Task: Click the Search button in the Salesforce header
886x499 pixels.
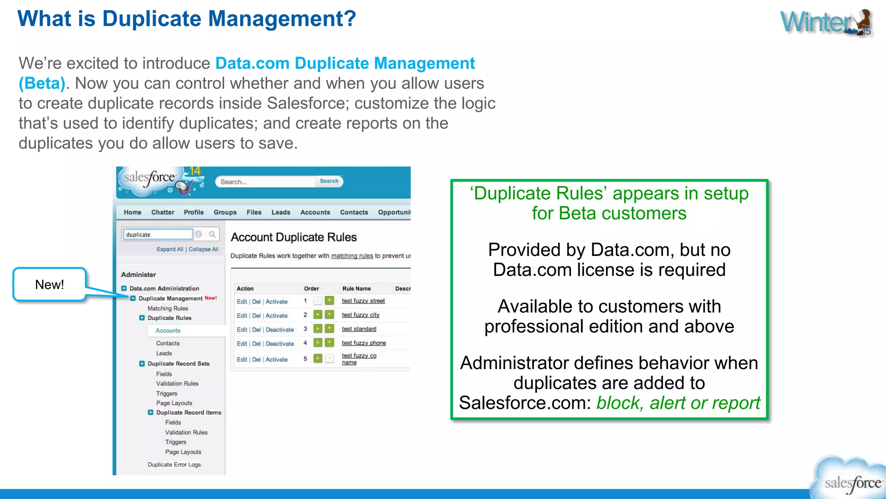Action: click(329, 181)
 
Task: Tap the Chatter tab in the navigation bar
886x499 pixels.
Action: click(163, 212)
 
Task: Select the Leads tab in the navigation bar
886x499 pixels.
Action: click(281, 212)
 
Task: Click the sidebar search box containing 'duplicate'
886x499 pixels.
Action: click(157, 234)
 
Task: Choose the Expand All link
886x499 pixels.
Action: click(170, 249)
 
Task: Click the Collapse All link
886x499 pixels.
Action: click(203, 249)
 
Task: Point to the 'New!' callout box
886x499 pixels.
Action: click(50, 285)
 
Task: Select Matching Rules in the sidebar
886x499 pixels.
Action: click(168, 308)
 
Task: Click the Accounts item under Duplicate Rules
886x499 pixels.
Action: click(168, 331)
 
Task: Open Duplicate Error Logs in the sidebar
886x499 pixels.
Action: click(174, 464)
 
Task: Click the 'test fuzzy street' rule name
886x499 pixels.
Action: click(363, 301)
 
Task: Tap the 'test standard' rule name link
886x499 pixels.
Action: click(359, 329)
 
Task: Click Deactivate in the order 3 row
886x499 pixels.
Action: click(279, 330)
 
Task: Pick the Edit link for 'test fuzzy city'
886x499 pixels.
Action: click(242, 316)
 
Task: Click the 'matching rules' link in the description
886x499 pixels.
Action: click(352, 256)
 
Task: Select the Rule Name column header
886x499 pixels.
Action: click(356, 288)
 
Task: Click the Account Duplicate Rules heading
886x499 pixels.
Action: click(294, 237)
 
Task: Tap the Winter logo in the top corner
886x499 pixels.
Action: click(825, 23)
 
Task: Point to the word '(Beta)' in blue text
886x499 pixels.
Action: click(42, 83)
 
